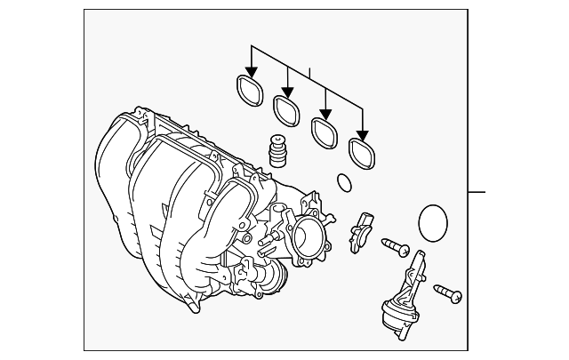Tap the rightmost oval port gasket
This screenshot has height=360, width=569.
(360, 150)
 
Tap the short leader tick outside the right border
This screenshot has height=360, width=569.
(477, 191)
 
